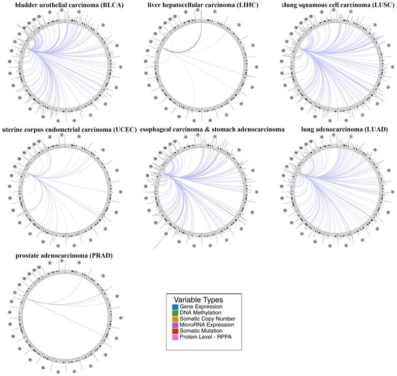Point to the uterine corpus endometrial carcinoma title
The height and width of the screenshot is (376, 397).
tap(69, 129)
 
